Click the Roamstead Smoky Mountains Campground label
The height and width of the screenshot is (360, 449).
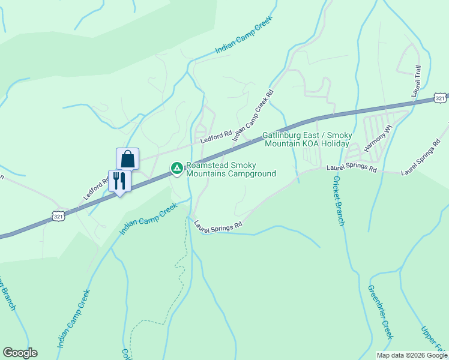click(x=231, y=170)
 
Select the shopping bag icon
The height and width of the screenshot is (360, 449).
click(x=127, y=159)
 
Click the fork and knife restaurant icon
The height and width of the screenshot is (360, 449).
click(x=119, y=181)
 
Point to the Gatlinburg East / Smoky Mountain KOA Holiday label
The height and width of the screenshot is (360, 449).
click(x=306, y=140)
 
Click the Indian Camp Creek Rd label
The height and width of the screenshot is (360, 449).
click(x=253, y=116)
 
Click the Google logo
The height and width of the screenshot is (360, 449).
click(x=20, y=353)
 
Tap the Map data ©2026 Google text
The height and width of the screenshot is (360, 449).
click(x=412, y=355)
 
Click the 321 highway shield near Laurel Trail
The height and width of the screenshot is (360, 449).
click(x=441, y=97)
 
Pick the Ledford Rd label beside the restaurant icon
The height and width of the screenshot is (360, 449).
click(x=95, y=188)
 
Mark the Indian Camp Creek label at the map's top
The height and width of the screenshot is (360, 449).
click(x=243, y=36)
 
